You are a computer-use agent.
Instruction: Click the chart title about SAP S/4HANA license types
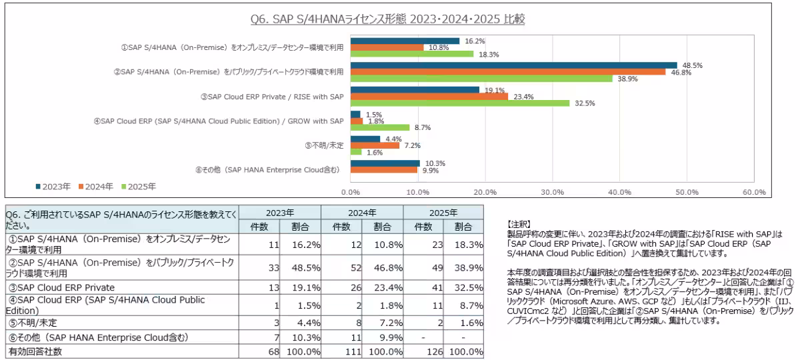coord(387,19)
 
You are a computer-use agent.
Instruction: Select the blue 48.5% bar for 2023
coord(513,65)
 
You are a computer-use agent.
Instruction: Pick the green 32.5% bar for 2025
coord(460,103)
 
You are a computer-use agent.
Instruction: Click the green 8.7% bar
coord(380,127)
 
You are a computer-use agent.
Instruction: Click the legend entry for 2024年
coord(96,187)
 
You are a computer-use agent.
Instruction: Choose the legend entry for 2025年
coord(137,187)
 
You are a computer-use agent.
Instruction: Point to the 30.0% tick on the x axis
coord(553,192)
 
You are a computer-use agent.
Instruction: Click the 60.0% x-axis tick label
coord(754,192)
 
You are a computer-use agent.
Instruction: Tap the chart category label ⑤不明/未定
coord(324,145)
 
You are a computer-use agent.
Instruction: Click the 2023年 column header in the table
coord(280,213)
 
